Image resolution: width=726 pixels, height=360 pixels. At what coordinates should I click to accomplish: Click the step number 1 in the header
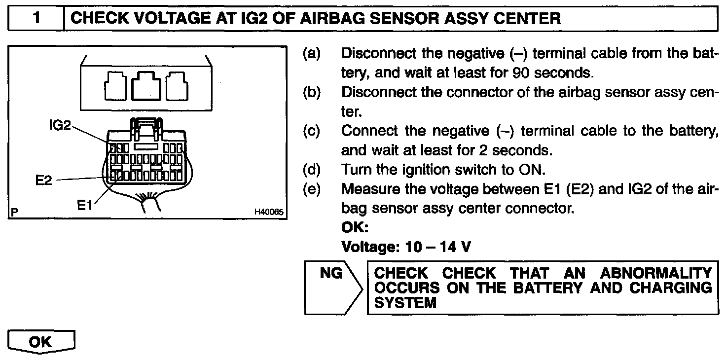pyautogui.click(x=36, y=18)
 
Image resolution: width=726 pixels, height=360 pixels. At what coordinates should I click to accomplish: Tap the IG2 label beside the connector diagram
pyautogui.click(x=60, y=126)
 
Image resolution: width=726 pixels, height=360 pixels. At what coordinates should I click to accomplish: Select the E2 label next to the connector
pyautogui.click(x=43, y=180)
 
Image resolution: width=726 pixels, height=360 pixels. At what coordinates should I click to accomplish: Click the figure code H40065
pyautogui.click(x=268, y=213)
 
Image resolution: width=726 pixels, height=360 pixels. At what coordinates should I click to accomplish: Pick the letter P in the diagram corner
pyautogui.click(x=14, y=213)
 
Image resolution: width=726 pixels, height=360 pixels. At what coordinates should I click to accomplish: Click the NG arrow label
pyautogui.click(x=331, y=273)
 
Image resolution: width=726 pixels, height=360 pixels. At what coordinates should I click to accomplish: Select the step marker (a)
pyautogui.click(x=311, y=53)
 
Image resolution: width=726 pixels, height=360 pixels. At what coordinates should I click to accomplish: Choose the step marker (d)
pyautogui.click(x=311, y=170)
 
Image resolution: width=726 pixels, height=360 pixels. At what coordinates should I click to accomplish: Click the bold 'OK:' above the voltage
pyautogui.click(x=355, y=228)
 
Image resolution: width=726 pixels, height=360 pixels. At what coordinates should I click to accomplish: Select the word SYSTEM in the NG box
pyautogui.click(x=405, y=302)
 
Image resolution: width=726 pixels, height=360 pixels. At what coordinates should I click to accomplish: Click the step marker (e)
pyautogui.click(x=311, y=189)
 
